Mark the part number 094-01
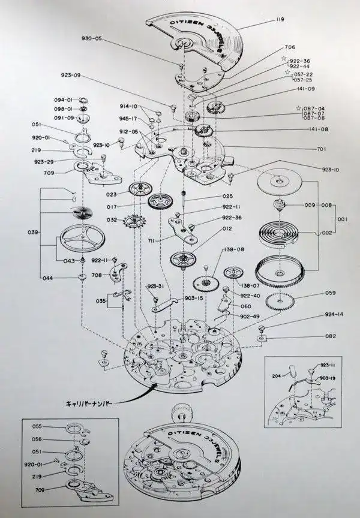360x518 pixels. click(x=63, y=100)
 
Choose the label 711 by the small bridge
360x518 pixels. click(x=153, y=240)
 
